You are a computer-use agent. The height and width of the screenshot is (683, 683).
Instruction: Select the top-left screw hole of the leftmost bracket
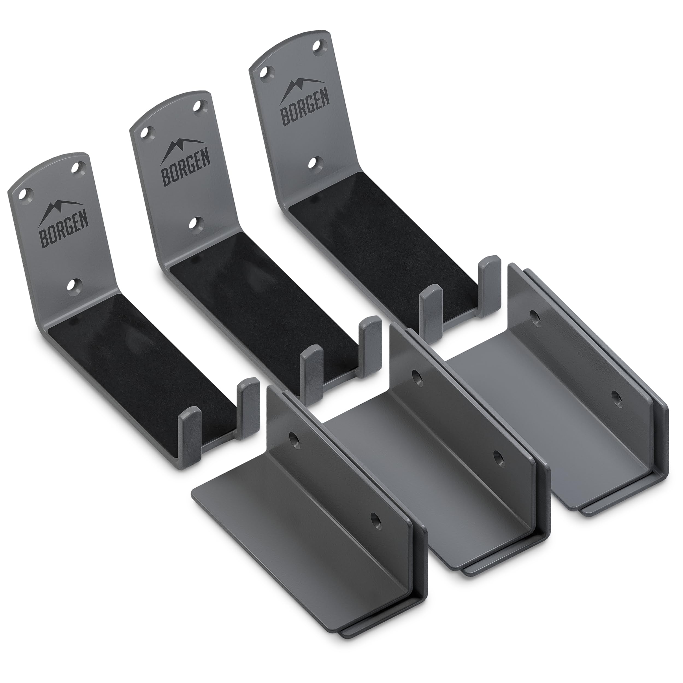25,194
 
